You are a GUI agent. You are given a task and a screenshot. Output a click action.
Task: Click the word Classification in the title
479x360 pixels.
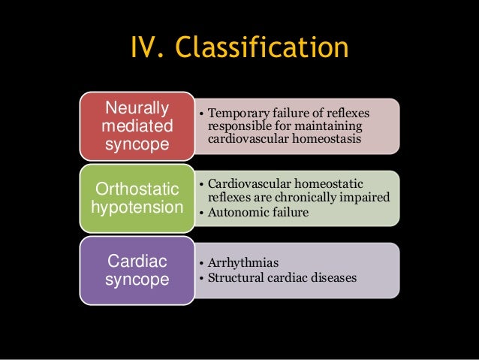pos(263,48)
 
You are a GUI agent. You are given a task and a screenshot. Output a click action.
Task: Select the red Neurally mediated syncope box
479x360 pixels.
pos(137,125)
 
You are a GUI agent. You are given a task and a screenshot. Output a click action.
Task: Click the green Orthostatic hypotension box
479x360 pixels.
pos(137,197)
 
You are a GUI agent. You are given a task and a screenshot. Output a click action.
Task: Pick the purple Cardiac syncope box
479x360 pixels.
pos(137,269)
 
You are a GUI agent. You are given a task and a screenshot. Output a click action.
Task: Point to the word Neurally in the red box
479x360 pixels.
pos(136,107)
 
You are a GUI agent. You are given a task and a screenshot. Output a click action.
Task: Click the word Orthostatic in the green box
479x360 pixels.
pos(137,188)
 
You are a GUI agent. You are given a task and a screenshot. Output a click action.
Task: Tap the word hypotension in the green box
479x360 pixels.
pos(137,206)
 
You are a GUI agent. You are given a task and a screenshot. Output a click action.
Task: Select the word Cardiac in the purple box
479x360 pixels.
pos(137,260)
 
